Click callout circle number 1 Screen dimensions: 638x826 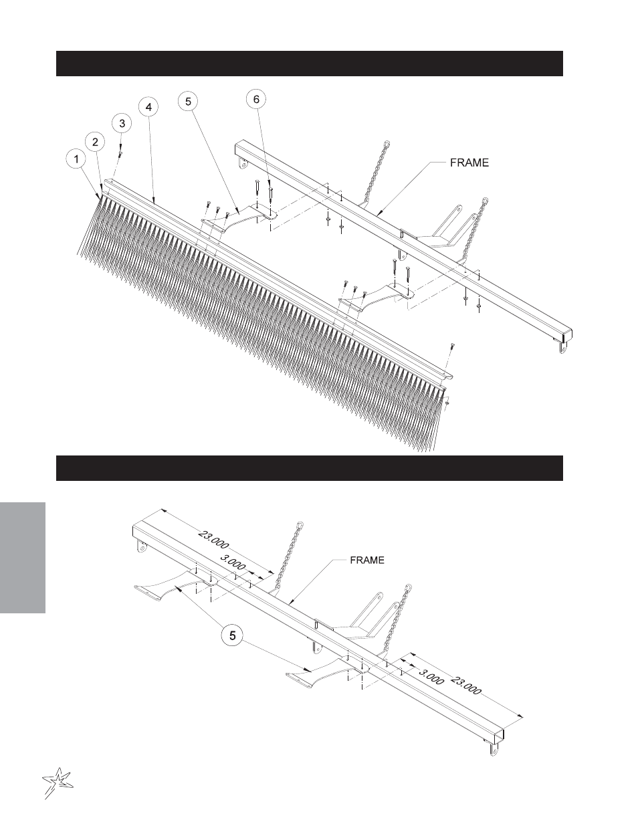point(76,159)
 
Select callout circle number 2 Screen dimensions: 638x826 point(95,142)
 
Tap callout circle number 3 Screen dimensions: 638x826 point(122,123)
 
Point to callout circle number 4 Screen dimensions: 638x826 point(148,107)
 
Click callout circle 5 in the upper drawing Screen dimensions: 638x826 point(189,101)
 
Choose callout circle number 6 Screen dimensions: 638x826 point(256,99)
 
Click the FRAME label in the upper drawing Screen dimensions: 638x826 point(469,163)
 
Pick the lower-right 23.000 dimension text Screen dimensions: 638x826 point(466,685)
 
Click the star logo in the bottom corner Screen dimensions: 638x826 point(57,783)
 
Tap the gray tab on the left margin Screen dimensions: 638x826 point(23,558)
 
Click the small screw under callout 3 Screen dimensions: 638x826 point(120,152)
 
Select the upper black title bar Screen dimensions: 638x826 point(310,64)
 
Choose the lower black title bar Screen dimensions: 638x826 point(310,468)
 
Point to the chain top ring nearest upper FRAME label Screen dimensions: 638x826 point(387,144)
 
